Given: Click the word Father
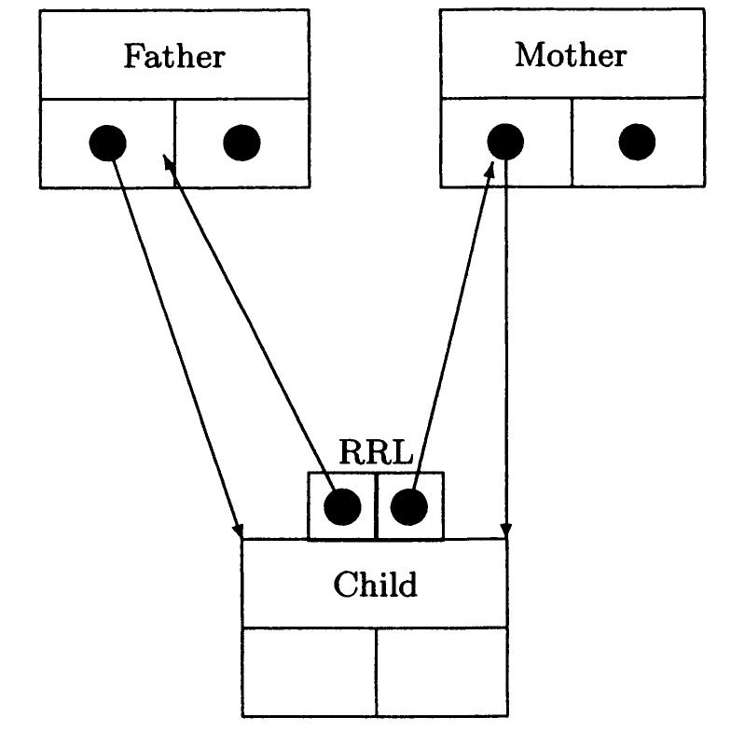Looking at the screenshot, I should [x=174, y=56].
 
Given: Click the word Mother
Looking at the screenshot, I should [x=571, y=55].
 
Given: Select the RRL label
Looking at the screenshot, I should [x=375, y=452].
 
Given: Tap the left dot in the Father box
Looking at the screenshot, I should [x=107, y=143].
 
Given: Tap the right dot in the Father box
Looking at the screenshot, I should [x=241, y=143].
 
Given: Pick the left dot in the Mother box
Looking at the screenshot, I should [x=505, y=143].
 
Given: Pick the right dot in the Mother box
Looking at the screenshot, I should [x=637, y=143].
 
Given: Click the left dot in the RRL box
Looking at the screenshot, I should [x=342, y=506].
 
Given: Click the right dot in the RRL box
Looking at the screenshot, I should [x=408, y=506].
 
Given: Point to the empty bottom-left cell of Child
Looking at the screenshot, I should [x=309, y=671].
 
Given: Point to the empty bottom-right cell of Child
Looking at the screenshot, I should [x=442, y=671].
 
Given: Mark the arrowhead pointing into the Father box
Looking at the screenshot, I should [x=169, y=163].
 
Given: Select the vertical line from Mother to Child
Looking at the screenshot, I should [x=505, y=354].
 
